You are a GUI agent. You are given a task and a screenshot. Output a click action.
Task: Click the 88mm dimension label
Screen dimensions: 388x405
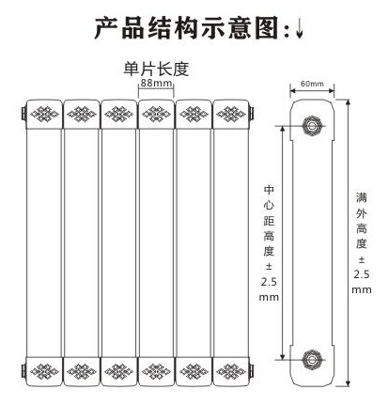[156, 83]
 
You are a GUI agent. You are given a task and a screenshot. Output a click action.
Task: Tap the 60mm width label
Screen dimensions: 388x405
[312, 84]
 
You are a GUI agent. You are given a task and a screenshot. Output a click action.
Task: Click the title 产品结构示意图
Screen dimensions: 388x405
[187, 28]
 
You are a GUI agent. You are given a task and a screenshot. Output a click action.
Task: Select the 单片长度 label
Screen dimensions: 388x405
[156, 69]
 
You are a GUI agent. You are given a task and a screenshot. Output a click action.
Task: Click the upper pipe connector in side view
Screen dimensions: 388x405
[312, 126]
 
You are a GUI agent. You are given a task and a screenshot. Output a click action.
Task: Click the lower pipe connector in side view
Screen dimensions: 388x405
[312, 359]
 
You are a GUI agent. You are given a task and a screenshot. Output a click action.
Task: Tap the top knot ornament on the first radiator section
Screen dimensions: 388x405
[44, 114]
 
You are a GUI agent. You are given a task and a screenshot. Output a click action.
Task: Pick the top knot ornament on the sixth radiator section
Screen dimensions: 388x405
[231, 114]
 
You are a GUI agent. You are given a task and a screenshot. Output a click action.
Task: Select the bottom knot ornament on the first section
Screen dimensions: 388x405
[44, 371]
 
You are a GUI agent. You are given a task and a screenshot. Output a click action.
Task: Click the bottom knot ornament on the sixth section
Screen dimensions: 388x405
[231, 371]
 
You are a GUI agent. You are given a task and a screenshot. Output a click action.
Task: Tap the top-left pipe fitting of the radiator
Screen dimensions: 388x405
[23, 114]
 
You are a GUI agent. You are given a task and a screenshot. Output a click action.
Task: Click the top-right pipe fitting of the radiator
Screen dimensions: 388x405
[251, 114]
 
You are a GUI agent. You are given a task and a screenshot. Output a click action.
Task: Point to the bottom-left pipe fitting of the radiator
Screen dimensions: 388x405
[23, 371]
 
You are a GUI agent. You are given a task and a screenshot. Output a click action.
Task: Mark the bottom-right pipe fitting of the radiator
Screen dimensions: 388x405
[251, 371]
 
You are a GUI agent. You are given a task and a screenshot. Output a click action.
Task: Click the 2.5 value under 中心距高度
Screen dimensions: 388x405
[269, 282]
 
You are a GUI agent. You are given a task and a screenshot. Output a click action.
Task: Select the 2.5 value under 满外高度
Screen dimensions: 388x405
[362, 274]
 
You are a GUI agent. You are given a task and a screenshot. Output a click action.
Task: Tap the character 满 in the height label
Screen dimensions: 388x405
[362, 197]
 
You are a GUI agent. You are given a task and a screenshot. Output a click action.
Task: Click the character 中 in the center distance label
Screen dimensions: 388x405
[269, 190]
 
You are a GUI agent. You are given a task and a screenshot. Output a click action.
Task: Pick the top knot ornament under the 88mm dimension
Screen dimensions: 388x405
[156, 114]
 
